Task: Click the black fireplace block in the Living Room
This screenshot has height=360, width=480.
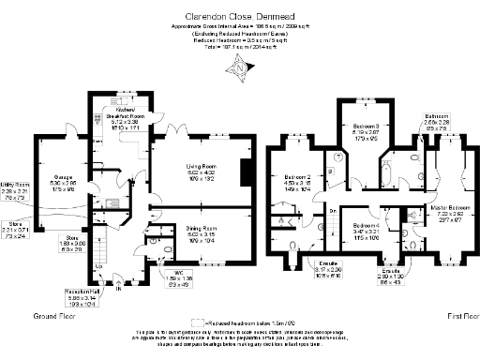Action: tap(247, 173)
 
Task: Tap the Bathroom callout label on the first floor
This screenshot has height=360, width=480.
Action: tap(436, 120)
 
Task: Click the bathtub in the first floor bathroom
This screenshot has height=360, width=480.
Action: tap(388, 172)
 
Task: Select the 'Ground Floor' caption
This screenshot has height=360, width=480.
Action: tap(52, 317)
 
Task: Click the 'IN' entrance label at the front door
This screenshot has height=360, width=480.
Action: tap(118, 289)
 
